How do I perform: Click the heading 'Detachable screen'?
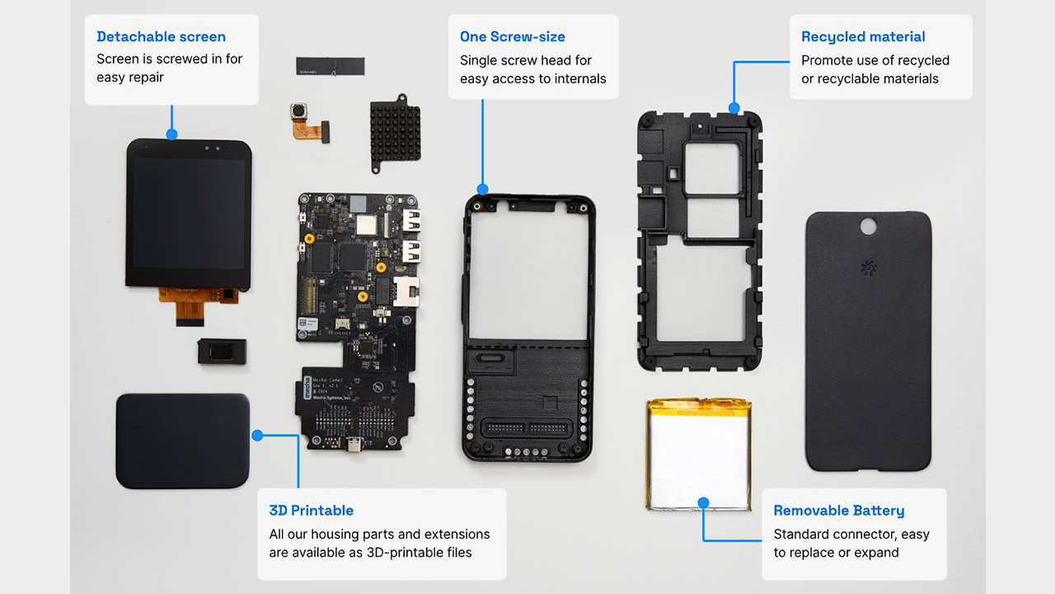(x=161, y=37)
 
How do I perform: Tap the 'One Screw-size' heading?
(x=513, y=37)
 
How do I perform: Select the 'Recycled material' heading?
(x=863, y=37)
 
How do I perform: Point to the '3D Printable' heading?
(x=312, y=511)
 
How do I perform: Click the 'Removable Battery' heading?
(x=839, y=511)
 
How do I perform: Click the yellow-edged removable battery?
(x=700, y=455)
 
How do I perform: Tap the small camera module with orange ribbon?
(x=309, y=122)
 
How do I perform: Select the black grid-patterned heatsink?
(x=395, y=134)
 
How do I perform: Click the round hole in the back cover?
(x=869, y=226)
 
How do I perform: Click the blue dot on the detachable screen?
(x=172, y=134)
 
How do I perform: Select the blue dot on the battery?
(x=704, y=503)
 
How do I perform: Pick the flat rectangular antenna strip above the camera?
(x=331, y=66)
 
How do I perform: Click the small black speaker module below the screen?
(x=222, y=351)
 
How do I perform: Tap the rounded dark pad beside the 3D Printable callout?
(x=183, y=441)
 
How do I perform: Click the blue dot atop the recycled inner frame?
(x=734, y=108)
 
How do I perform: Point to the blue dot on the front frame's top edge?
(x=482, y=190)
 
